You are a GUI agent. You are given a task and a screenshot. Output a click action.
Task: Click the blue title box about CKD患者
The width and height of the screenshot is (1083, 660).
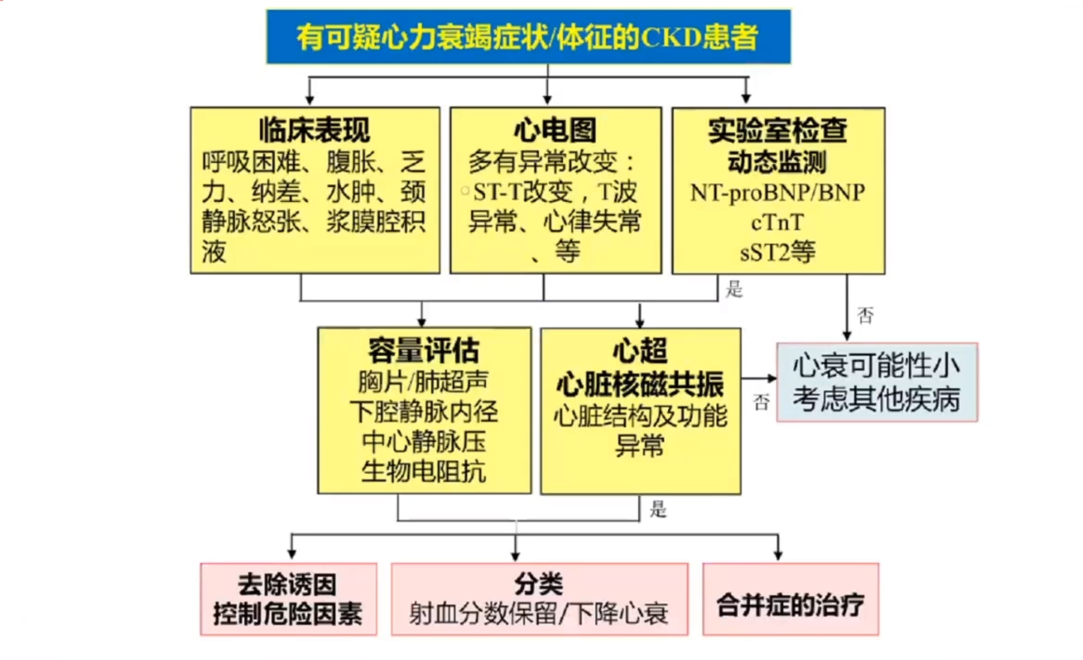[x=528, y=36]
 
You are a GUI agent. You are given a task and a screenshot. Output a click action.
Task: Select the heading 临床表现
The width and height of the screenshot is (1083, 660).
[x=314, y=129]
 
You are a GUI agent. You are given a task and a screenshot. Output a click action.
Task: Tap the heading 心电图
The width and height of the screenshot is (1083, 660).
[x=555, y=129]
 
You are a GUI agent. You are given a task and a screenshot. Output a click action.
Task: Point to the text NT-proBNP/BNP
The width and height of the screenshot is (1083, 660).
[x=777, y=193]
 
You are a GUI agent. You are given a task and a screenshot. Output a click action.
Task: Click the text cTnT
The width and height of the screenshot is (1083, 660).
[x=777, y=223]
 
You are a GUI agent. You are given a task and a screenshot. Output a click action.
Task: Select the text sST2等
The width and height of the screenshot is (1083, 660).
[x=777, y=252]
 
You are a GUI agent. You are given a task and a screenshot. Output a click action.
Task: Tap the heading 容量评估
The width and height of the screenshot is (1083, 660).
[x=423, y=350]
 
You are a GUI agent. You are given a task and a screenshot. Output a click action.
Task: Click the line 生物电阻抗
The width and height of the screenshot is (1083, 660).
[x=423, y=472]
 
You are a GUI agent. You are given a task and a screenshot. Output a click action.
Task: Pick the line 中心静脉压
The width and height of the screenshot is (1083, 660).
[x=423, y=442]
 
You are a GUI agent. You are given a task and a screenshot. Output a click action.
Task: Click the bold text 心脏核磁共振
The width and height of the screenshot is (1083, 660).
[x=640, y=384]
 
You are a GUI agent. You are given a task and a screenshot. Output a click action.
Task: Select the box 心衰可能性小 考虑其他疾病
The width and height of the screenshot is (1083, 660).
[x=876, y=382]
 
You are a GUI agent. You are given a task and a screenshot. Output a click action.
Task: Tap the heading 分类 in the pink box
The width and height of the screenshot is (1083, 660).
[x=539, y=583]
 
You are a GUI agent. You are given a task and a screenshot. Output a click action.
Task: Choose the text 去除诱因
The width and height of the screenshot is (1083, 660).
[x=287, y=584]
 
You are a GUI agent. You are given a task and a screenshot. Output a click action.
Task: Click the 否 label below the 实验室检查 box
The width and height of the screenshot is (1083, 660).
[x=865, y=315]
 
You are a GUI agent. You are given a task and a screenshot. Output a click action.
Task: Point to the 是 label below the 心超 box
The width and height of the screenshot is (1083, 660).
[x=658, y=509]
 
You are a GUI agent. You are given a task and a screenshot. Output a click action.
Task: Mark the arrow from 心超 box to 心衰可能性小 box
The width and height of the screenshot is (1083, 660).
[x=760, y=378]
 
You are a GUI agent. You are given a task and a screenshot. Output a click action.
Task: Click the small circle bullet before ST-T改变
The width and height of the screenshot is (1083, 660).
[x=465, y=191]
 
